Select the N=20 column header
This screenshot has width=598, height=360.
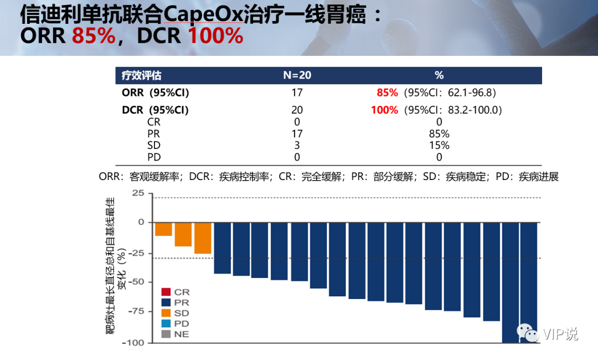[297, 75]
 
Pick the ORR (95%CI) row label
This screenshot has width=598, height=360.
[159, 92]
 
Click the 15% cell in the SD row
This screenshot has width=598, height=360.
[439, 146]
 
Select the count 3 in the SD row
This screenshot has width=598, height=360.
[297, 146]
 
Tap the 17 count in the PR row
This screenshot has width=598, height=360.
[297, 133]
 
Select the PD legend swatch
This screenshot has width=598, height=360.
[166, 323]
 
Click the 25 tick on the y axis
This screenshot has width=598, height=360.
[138, 193]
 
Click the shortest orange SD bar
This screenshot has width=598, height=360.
[163, 229]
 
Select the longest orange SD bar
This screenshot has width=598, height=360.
[203, 238]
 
